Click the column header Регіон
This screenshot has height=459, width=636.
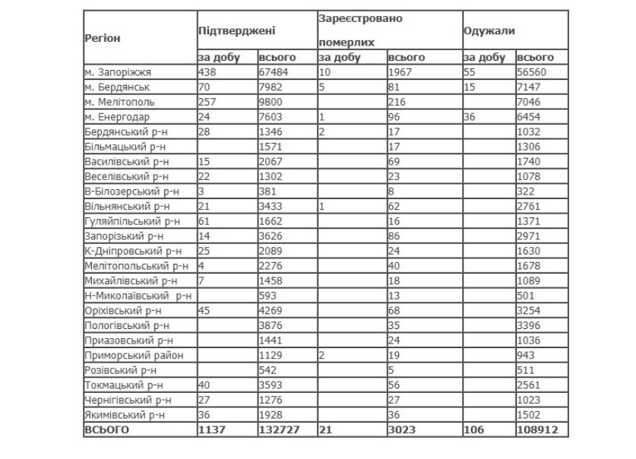[x=103, y=37]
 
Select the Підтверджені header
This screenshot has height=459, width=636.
[x=236, y=31]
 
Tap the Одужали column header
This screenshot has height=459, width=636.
[x=489, y=31]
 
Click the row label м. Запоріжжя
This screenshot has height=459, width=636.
[x=119, y=72]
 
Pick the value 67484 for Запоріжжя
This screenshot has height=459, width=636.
[x=275, y=72]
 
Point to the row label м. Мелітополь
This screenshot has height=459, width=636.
[x=120, y=101]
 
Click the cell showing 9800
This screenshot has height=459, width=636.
[x=272, y=101]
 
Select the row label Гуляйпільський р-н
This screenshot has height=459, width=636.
[x=132, y=220]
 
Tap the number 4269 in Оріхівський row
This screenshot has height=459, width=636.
[x=272, y=310]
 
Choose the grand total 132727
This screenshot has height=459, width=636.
[x=280, y=430]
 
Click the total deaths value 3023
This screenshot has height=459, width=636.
[x=402, y=430]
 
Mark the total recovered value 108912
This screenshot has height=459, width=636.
[x=536, y=430]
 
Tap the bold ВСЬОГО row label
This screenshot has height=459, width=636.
[x=107, y=430]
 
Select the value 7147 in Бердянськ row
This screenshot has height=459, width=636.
[x=530, y=87]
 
